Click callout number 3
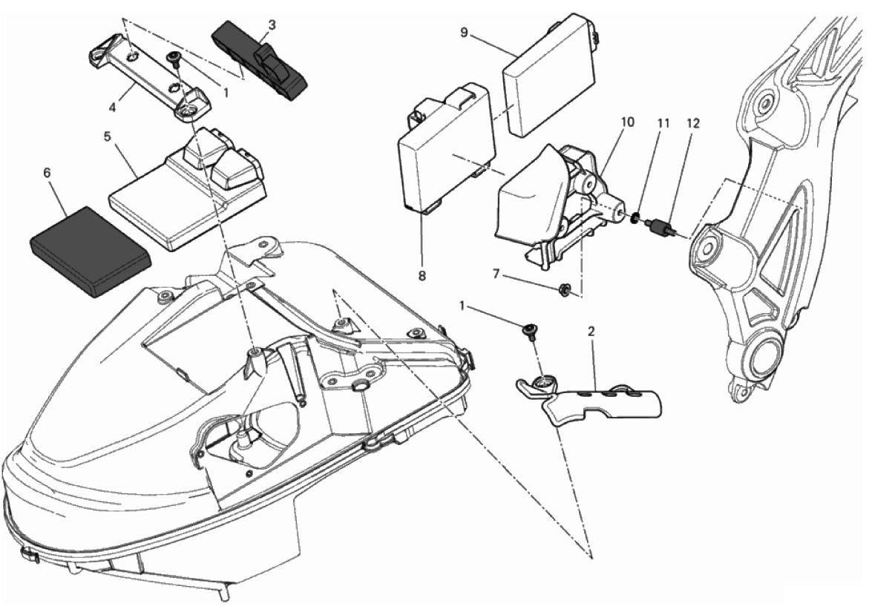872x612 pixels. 272,25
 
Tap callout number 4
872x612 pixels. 113,108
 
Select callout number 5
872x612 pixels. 108,136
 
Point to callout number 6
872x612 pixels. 47,174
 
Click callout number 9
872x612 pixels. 465,32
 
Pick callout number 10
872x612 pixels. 627,122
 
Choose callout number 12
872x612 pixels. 693,123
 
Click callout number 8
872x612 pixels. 422,275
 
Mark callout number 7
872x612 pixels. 496,274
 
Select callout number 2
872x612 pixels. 591,332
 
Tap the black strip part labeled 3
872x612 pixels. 260,61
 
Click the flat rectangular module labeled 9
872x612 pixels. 549,76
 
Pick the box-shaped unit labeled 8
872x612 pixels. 447,148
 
